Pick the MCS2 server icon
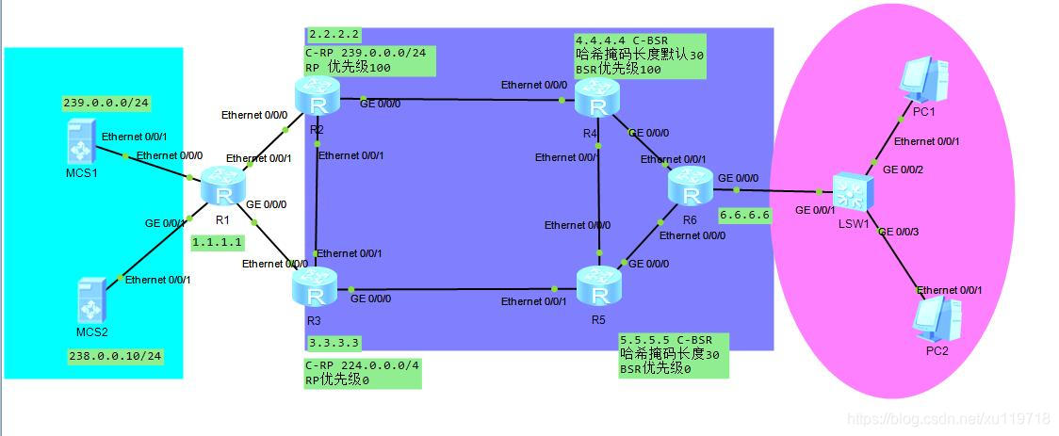pyautogui.click(x=93, y=299)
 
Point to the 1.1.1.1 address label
pyautogui.click(x=218, y=242)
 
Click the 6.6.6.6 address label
pyautogui.click(x=744, y=215)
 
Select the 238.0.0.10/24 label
pyautogui.click(x=115, y=356)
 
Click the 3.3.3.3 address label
pyautogui.click(x=334, y=343)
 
